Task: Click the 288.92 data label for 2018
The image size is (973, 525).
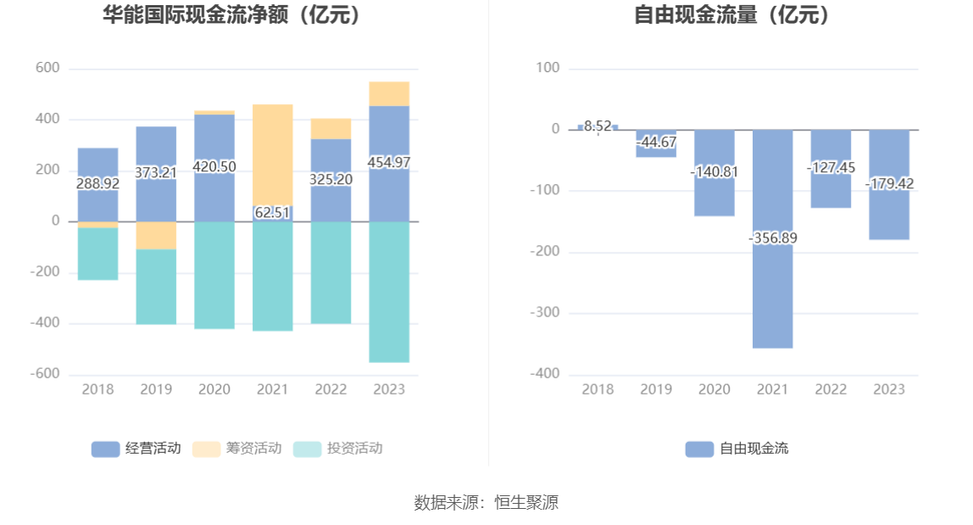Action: [x=97, y=183]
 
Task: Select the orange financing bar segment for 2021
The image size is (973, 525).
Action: [x=273, y=153]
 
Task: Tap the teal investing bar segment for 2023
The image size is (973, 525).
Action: [x=389, y=293]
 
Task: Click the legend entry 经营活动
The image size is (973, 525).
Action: [x=136, y=449]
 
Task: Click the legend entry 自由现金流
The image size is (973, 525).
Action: [x=737, y=449]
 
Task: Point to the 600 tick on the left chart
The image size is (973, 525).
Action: [x=47, y=69]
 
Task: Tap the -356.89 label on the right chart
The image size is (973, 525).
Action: [x=773, y=238]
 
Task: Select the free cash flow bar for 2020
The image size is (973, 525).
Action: [x=714, y=195]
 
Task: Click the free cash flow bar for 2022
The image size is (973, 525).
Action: [x=831, y=191]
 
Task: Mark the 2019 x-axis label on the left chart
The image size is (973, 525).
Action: [x=156, y=389]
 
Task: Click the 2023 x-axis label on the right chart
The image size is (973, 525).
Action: [x=889, y=389]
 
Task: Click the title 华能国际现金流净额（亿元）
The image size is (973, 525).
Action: [x=231, y=15]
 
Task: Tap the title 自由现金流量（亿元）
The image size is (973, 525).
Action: [x=733, y=15]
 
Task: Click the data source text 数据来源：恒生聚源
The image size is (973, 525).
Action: [x=486, y=502]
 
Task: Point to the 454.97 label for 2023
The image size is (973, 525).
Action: [x=389, y=162]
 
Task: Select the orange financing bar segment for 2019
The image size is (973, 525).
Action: [x=156, y=236]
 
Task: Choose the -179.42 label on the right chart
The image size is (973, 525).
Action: [x=889, y=183]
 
